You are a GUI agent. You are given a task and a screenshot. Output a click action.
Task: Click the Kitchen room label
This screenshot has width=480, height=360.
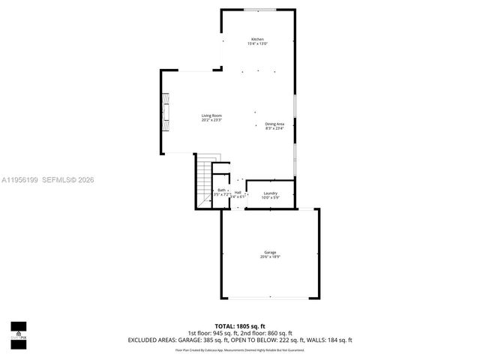point(257,39)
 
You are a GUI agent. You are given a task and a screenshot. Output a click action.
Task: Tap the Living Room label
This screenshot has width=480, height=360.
point(211,115)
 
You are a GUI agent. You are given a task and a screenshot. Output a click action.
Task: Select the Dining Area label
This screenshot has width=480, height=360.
point(274,124)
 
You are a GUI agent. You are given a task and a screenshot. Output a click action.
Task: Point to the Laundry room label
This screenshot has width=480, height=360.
point(270,193)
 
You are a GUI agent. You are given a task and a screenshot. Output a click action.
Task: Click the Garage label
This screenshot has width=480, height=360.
point(269,252)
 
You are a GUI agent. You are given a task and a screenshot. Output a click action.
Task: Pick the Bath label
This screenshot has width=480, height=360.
point(221,190)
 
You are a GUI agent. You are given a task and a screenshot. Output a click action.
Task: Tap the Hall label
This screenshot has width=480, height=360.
point(238,192)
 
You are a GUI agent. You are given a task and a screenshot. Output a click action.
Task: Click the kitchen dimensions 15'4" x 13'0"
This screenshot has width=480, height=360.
point(257,44)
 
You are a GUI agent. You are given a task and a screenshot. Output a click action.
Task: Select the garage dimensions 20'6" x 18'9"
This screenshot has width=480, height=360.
point(269,257)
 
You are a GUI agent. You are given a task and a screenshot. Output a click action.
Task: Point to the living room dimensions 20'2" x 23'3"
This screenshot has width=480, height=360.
point(211,120)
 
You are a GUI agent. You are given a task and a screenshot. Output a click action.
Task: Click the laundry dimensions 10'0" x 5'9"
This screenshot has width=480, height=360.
point(270,198)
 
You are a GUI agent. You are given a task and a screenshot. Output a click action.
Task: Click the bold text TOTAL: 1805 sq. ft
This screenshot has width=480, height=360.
point(240,326)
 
